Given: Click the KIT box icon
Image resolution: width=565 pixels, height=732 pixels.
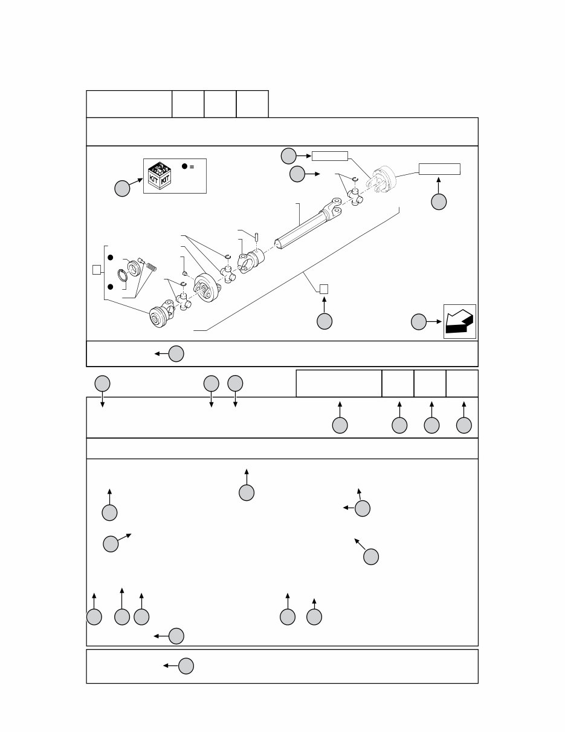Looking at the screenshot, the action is tap(160, 175).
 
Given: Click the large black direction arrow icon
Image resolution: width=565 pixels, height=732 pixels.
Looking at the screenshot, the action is tap(459, 321).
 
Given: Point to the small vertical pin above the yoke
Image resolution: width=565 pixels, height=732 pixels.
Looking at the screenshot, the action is tap(257, 237).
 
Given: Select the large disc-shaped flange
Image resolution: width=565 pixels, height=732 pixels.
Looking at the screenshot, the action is tap(207, 287).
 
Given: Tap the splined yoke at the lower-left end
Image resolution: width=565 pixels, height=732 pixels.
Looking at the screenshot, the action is tap(162, 313).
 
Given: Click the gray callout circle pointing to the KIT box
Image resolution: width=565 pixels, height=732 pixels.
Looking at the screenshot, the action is tap(122, 188).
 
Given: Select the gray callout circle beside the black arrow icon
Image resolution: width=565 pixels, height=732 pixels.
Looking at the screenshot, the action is tap(419, 322).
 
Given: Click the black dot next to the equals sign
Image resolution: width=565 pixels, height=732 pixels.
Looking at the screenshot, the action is tap(184, 166).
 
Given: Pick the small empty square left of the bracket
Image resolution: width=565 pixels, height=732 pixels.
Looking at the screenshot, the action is tap(97, 270).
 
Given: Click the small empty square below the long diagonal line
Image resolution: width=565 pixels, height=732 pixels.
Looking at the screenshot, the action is tap(324, 289).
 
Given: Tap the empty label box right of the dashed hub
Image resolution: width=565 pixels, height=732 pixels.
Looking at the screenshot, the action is tap(439, 169).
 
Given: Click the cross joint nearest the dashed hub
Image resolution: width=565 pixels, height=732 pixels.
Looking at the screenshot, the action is tap(355, 197).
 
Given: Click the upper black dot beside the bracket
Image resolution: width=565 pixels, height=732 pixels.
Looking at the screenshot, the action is tap(110, 257).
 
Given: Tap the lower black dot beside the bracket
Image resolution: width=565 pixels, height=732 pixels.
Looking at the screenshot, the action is tap(110, 287).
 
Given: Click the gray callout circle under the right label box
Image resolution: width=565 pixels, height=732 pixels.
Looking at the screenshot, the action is tap(439, 202).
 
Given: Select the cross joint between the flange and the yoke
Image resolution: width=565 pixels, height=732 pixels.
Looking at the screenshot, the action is tap(228, 274).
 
